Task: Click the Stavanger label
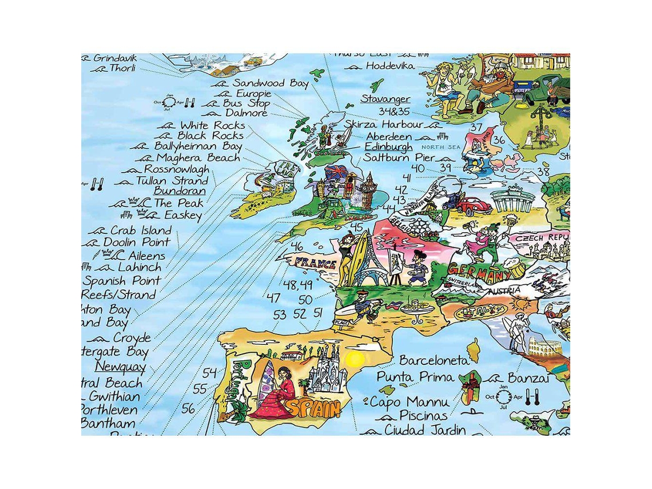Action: click(x=385, y=98)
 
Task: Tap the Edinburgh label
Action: click(x=388, y=146)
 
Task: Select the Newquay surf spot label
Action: click(x=120, y=367)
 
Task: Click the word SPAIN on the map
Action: click(x=313, y=408)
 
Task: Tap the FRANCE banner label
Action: click(x=315, y=264)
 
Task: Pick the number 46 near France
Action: click(x=297, y=247)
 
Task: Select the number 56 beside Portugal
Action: click(x=188, y=408)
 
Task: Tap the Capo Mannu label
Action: click(x=408, y=402)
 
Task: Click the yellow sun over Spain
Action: click(x=355, y=359)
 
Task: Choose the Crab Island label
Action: click(x=140, y=230)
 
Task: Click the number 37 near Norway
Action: click(x=476, y=127)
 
